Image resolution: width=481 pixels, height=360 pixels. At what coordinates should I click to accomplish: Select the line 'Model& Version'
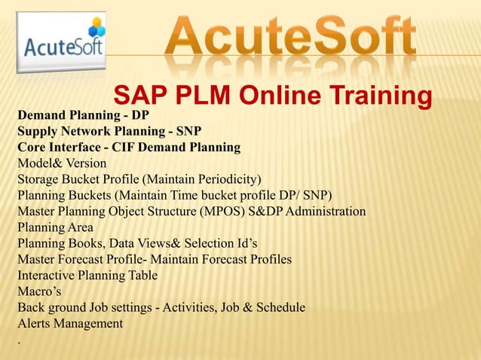[62, 163]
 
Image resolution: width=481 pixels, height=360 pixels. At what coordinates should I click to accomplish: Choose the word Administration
[325, 211]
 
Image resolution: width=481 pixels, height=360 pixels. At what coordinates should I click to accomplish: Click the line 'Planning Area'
[56, 227]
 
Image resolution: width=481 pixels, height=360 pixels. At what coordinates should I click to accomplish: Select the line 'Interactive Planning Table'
[87, 276]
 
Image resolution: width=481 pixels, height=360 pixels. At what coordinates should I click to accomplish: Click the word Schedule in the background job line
[279, 307]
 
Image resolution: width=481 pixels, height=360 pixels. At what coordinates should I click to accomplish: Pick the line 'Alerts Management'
[70, 323]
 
